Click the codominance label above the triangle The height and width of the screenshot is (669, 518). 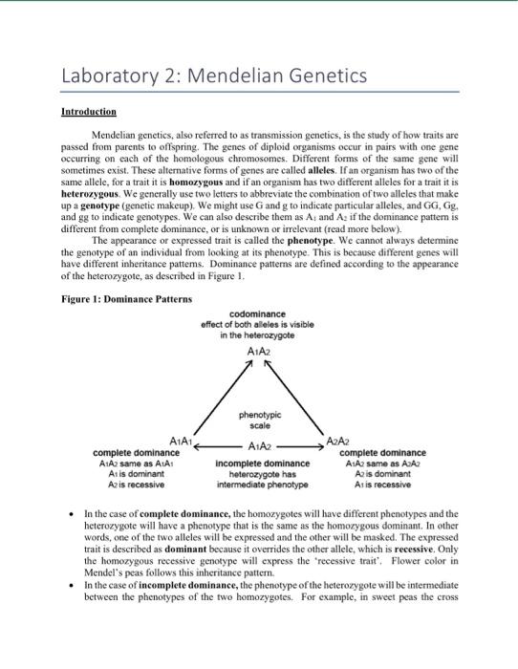pos(258,314)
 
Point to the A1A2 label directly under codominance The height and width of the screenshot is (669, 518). pos(258,351)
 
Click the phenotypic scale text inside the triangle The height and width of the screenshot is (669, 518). pos(258,419)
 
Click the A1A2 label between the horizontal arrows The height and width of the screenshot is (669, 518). pos(258,446)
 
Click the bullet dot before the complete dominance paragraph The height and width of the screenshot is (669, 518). pos(75,513)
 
